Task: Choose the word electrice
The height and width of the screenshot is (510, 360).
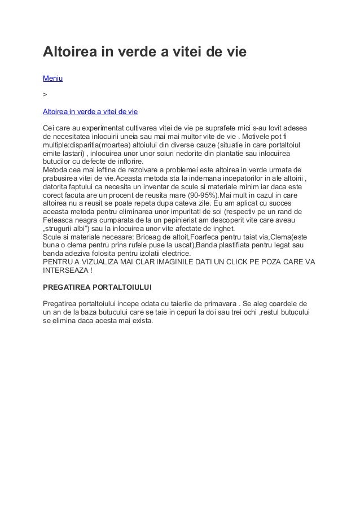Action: (x=172, y=254)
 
